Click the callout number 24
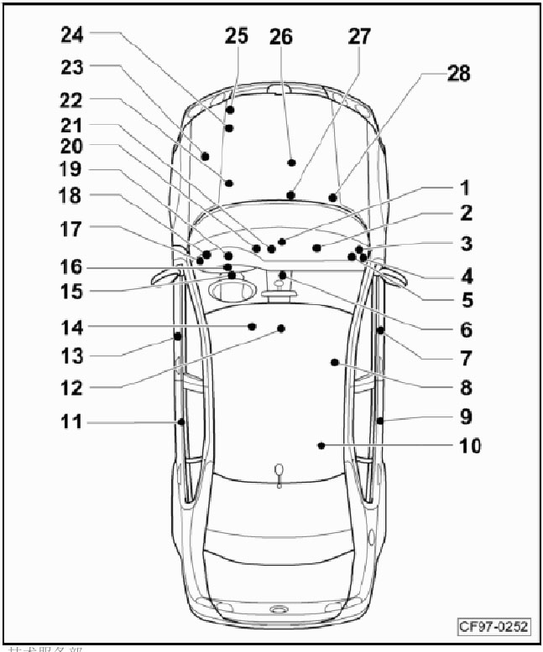click(x=72, y=34)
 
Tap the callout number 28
click(x=458, y=74)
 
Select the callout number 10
click(x=470, y=445)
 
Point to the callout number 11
click(x=72, y=422)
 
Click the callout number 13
click(x=72, y=356)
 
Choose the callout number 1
click(x=465, y=189)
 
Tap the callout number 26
click(x=281, y=37)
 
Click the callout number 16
click(x=72, y=266)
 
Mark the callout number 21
click(x=72, y=124)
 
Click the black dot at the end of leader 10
click(x=321, y=446)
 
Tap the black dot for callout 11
click(x=180, y=422)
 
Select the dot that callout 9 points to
click(x=380, y=421)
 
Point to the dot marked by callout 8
click(x=334, y=363)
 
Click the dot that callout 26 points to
click(x=291, y=162)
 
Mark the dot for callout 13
click(x=178, y=336)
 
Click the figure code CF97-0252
click(x=493, y=626)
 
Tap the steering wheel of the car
click(x=232, y=292)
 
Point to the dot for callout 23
click(x=204, y=156)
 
